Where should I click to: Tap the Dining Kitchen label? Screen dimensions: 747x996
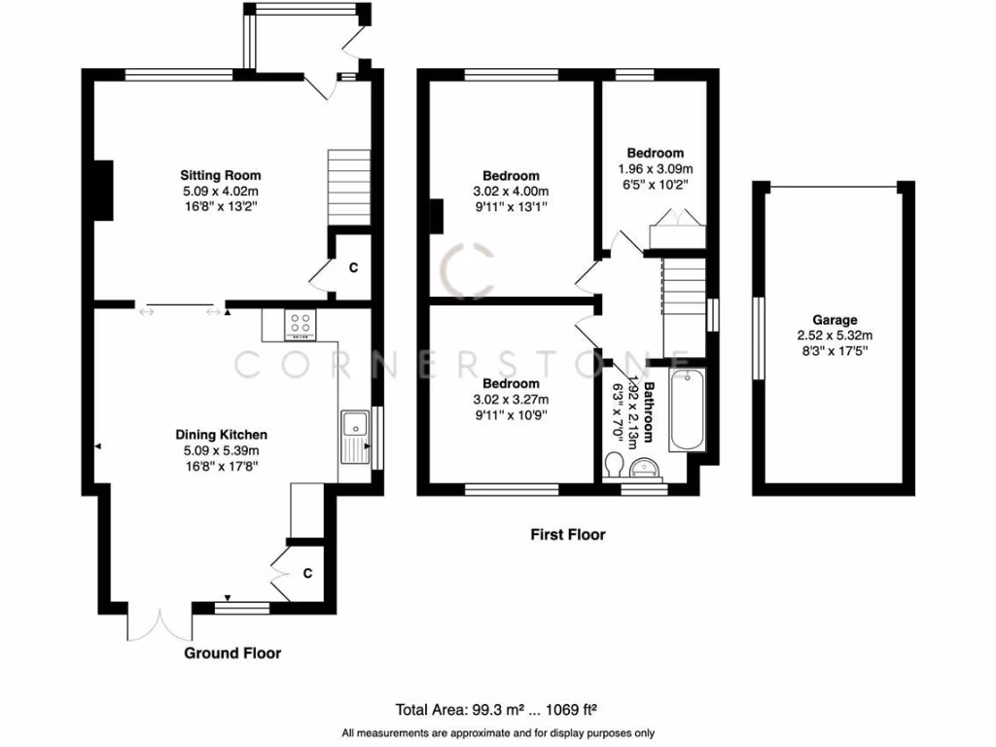(x=221, y=435)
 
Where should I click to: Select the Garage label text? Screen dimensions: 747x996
(x=836, y=319)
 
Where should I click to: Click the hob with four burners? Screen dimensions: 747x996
(x=300, y=326)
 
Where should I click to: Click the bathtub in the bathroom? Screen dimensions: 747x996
(x=690, y=409)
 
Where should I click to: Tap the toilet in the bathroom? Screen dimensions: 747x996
(x=614, y=464)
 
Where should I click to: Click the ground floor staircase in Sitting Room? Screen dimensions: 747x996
(x=349, y=187)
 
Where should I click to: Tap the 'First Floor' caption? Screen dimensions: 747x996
(x=567, y=534)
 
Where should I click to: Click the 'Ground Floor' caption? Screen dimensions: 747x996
(x=232, y=653)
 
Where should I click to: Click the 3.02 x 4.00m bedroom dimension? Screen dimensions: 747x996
(x=511, y=191)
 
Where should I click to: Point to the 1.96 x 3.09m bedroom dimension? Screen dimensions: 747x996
(x=655, y=168)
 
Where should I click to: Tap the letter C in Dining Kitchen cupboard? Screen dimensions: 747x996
(x=306, y=574)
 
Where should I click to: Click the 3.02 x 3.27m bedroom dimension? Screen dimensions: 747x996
(x=511, y=400)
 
